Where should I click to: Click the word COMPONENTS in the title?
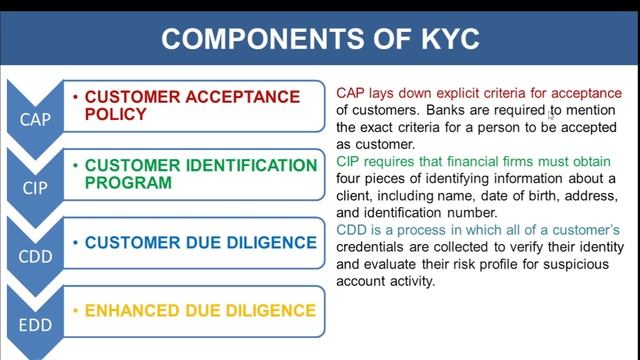click(256, 39)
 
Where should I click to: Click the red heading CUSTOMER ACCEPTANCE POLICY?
click(192, 105)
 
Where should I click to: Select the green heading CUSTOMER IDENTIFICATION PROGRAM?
click(200, 173)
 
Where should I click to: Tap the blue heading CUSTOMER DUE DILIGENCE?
click(200, 242)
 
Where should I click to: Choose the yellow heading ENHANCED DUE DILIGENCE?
click(200, 310)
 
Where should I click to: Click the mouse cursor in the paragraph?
click(550, 114)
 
